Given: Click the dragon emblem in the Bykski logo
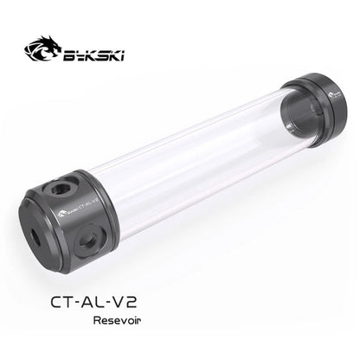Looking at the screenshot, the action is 42,49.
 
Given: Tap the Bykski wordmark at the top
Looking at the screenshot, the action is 93,55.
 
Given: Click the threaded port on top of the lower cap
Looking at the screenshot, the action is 61,189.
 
